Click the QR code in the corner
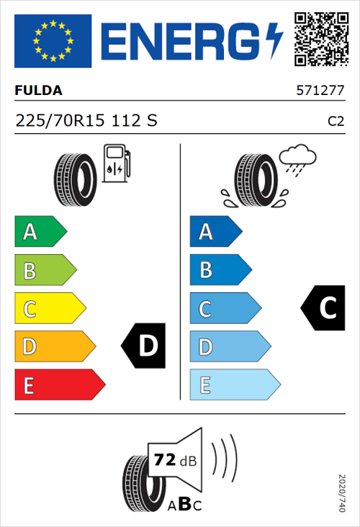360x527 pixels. pyautogui.click(x=322, y=40)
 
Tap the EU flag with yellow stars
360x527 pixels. pyautogui.click(x=53, y=41)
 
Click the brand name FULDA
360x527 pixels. pyautogui.click(x=39, y=91)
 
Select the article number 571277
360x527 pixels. pyautogui.click(x=320, y=91)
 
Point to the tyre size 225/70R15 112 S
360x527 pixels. pyautogui.click(x=86, y=121)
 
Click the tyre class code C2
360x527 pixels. pyautogui.click(x=336, y=122)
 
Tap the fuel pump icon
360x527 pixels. pyautogui.click(x=116, y=163)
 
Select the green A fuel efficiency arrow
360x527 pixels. pyautogui.click(x=40, y=232)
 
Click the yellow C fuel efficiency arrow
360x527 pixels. pyautogui.click(x=49, y=309)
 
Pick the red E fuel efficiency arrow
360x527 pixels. pyautogui.click(x=59, y=385)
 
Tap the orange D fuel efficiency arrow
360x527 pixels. pyautogui.click(x=54, y=347)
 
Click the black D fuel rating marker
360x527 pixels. pyautogui.click(x=145, y=346)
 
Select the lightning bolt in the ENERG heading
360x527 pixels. pyautogui.click(x=275, y=40)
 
